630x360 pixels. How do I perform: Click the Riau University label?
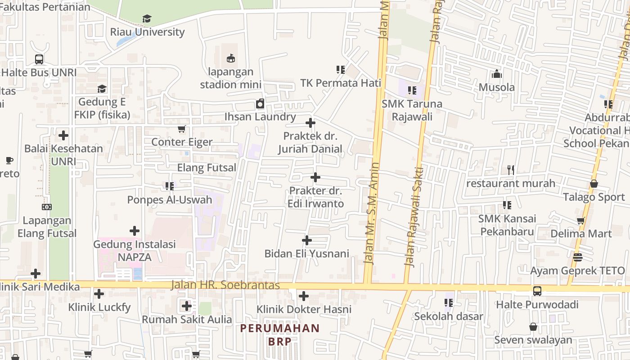147,32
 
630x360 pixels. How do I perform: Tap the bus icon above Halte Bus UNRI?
39,59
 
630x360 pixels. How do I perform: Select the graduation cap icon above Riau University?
147,19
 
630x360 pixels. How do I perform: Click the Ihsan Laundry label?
260,117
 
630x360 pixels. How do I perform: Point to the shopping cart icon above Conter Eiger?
181,129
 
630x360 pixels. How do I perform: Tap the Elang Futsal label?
207,168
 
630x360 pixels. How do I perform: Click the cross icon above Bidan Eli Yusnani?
307,240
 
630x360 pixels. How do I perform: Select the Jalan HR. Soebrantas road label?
225,285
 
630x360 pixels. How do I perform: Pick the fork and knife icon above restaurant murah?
510,170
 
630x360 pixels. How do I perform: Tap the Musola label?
497,87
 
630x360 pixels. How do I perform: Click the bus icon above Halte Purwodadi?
537,291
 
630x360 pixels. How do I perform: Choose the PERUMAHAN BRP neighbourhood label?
280,334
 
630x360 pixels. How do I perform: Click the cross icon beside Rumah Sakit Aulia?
187,306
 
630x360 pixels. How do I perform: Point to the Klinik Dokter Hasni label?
304,310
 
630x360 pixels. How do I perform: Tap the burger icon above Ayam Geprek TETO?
578,257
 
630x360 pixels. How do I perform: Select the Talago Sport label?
594,197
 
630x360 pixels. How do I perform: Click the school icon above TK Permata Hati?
341,70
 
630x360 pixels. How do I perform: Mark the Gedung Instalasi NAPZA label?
135,251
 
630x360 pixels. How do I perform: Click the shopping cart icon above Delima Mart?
581,220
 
